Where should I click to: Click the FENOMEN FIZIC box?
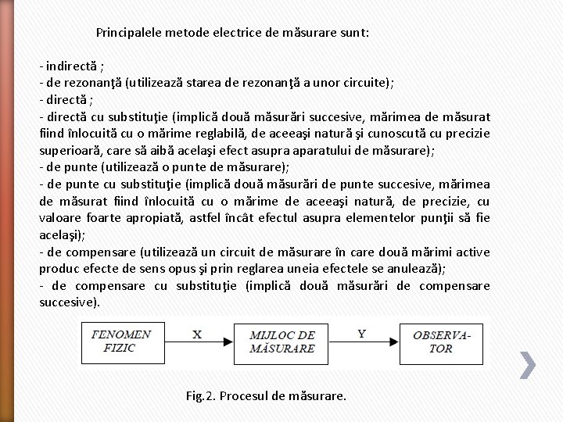(x=120, y=341)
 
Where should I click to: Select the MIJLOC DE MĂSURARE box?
(x=281, y=341)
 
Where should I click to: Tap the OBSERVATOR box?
(x=441, y=341)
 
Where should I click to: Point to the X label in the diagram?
(x=197, y=334)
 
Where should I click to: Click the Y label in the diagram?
(x=361, y=334)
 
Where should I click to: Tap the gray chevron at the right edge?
(x=528, y=363)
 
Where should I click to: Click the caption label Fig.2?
(x=201, y=395)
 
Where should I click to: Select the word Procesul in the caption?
(x=244, y=395)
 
